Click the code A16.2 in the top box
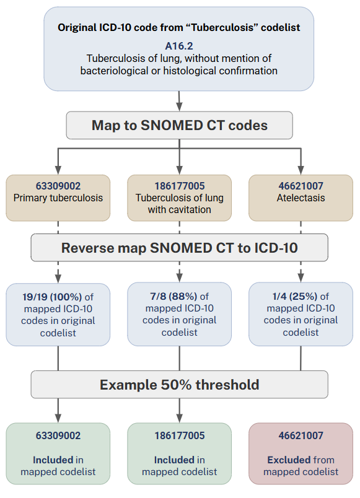[x=180, y=46]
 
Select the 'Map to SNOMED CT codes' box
[x=180, y=125]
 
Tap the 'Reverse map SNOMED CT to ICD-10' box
[x=180, y=248]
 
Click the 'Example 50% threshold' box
[x=180, y=385]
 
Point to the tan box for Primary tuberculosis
[x=58, y=198]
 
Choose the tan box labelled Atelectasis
[x=301, y=198]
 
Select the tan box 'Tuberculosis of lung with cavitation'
[x=180, y=198]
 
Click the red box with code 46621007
[x=301, y=453]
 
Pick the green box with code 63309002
[x=58, y=453]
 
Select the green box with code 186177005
[x=180, y=453]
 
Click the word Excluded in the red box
[x=288, y=460]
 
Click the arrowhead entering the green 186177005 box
[x=180, y=417]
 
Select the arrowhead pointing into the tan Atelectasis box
[x=301, y=169]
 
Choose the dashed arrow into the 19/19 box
[x=58, y=273]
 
